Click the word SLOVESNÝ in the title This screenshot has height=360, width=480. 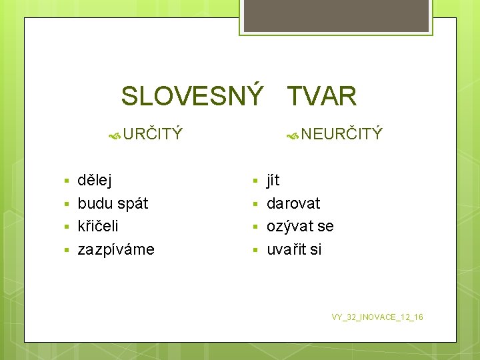coord(192,97)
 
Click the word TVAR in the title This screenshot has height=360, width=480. coord(322,97)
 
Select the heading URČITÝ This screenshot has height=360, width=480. coord(152,134)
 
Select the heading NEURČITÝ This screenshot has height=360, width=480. coord(341,134)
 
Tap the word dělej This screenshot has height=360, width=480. coord(95,180)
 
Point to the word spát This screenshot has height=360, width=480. coord(133,203)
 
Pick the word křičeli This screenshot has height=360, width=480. coord(98,226)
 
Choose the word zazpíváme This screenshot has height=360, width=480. coord(116,249)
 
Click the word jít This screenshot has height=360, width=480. coord(273,180)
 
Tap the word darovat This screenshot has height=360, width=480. coord(293,203)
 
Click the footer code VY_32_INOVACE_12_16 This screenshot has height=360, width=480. coord(377,317)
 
